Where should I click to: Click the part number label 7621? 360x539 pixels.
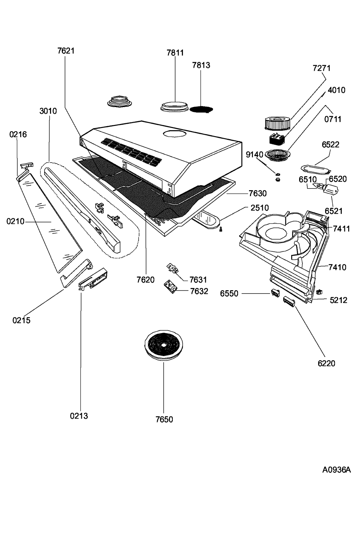pos(66,51)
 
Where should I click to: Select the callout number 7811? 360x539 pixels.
pos(175,53)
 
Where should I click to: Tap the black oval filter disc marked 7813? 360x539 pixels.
pos(201,109)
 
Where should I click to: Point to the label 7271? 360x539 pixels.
pos(321,68)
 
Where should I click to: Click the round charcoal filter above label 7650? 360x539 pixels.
pos(164,345)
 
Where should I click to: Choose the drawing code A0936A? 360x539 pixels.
pos(336,470)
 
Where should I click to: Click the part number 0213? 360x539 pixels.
pos(79,416)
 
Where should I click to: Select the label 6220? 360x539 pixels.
pos(326,363)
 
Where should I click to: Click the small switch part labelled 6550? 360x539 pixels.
pos(275,293)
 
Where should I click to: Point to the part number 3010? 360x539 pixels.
pos(48,111)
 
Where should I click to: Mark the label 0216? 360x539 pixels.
pos(18,134)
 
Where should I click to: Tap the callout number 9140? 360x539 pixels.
pos(254,154)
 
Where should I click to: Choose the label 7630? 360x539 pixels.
pos(258,193)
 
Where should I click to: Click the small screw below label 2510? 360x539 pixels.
pos(221,230)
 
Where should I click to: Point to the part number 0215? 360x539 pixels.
pos(22,320)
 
